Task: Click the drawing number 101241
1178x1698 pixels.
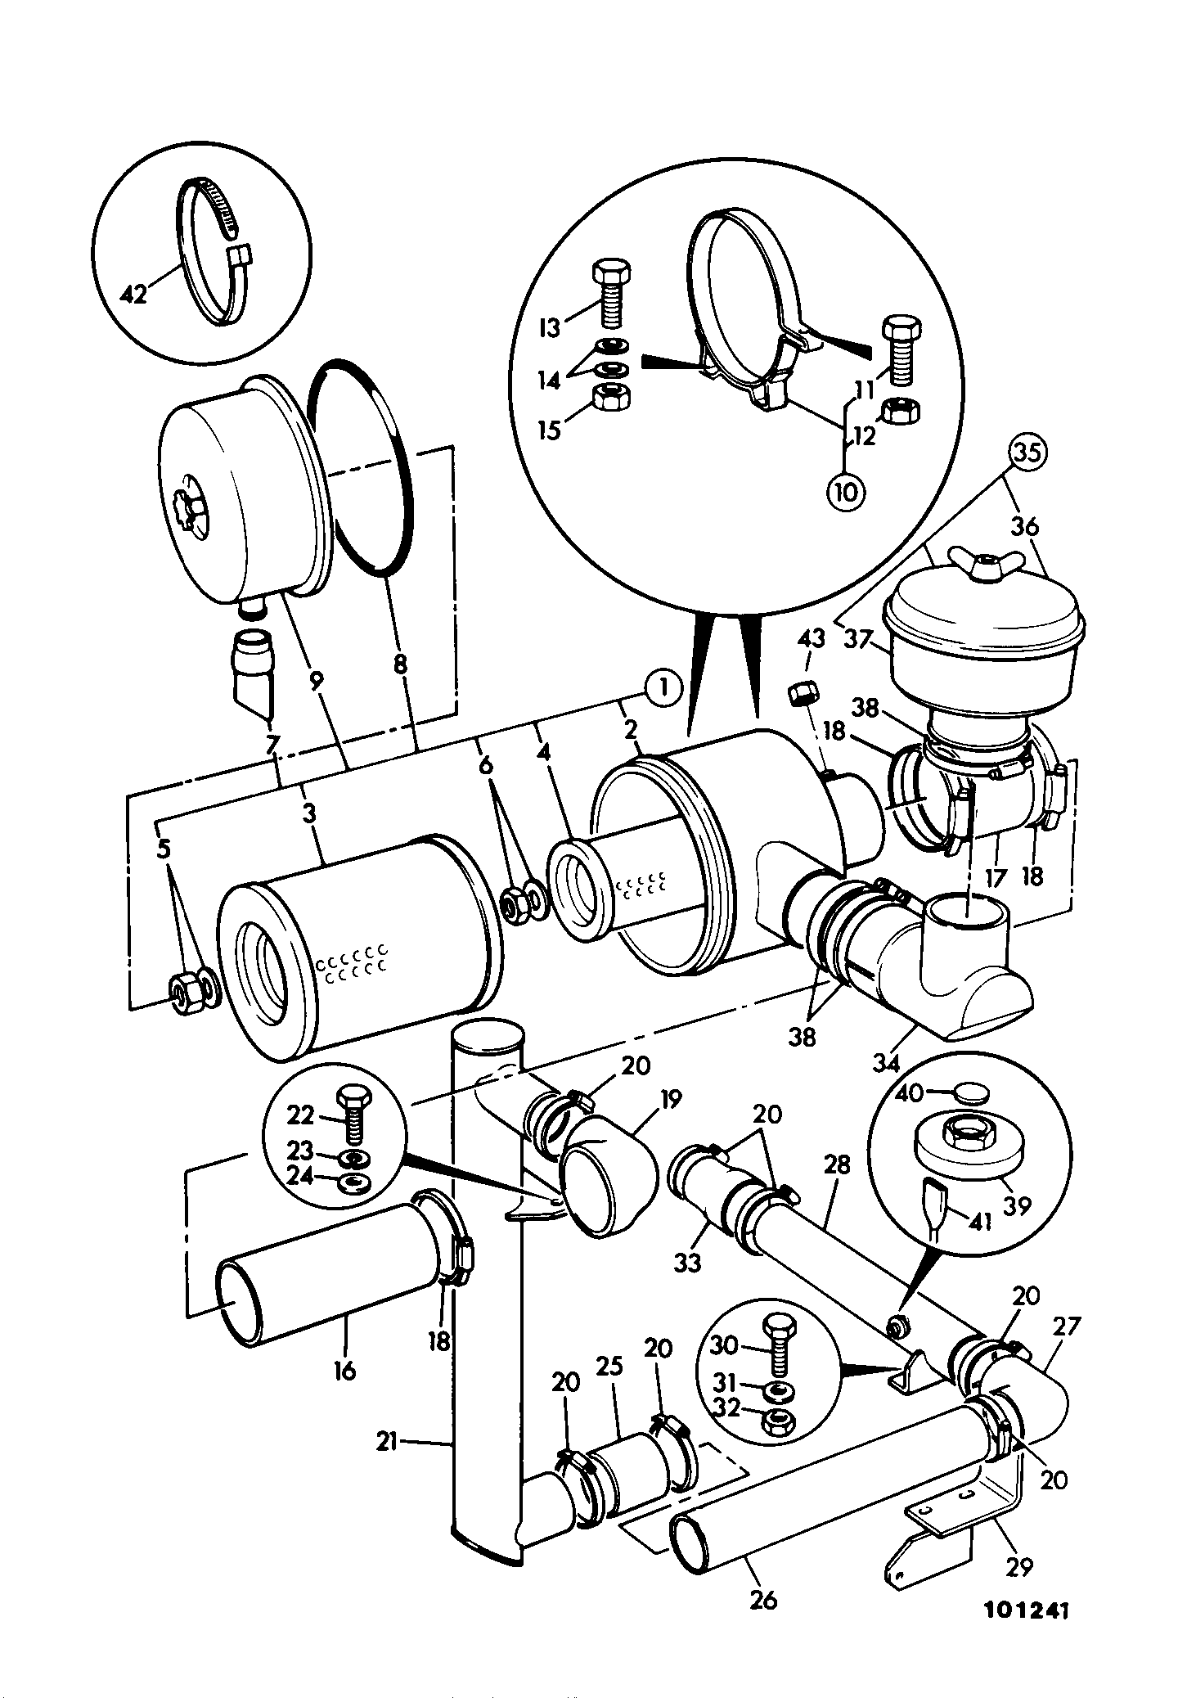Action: tap(1027, 1610)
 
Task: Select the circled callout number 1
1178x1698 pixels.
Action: tap(663, 687)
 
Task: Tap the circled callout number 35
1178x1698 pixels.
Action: tap(1027, 453)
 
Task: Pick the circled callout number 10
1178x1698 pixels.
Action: tap(847, 492)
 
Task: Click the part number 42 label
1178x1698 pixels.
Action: tap(133, 292)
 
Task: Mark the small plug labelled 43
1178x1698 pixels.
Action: tap(801, 696)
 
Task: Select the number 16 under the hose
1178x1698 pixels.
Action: tap(345, 1371)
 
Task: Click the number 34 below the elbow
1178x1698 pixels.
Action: tap(886, 1062)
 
